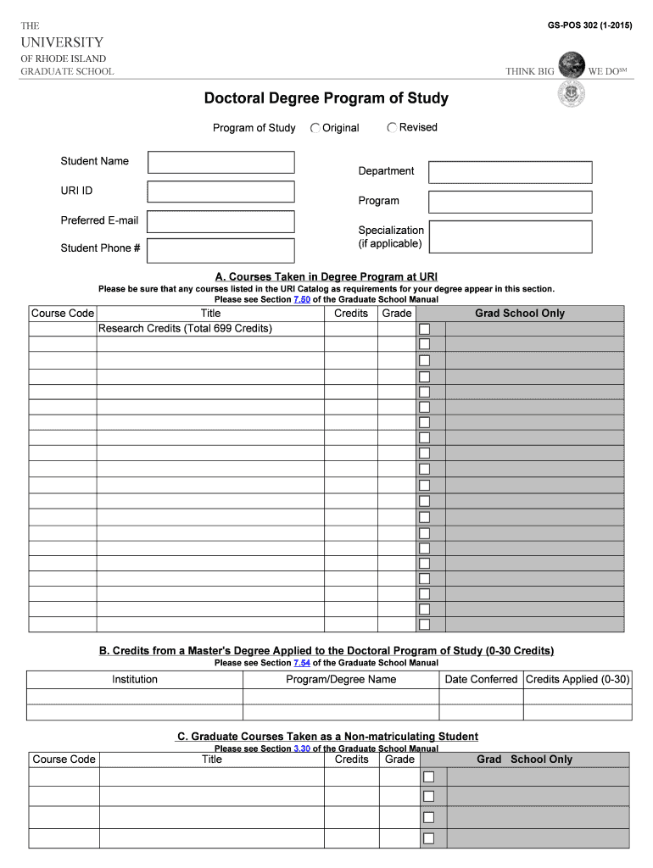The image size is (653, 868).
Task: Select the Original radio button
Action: (315, 128)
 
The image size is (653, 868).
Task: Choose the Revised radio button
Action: (392, 127)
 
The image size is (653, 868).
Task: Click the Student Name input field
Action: (221, 162)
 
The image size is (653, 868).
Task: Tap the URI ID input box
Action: (221, 192)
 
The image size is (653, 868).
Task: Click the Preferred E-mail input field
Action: (221, 221)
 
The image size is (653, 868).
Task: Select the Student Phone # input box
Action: (221, 250)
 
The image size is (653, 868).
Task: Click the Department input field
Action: (510, 172)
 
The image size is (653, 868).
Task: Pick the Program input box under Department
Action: (510, 202)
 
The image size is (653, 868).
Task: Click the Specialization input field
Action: (510, 236)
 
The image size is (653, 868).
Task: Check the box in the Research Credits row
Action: (424, 329)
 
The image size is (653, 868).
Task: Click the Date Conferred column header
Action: (481, 680)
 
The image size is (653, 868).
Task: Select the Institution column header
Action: (135, 680)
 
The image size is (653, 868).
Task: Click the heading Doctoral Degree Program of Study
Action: (326, 98)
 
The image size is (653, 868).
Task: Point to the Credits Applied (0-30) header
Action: (578, 680)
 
